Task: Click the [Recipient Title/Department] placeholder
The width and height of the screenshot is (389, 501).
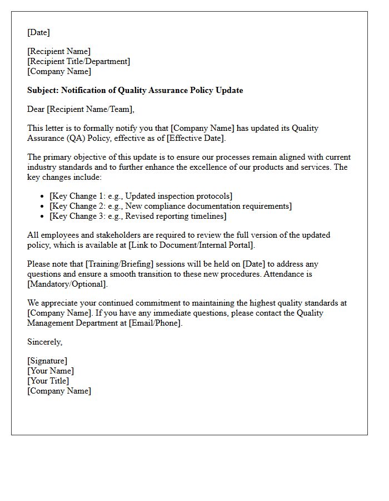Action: [78, 61]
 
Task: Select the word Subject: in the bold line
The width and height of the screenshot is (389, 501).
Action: [43, 90]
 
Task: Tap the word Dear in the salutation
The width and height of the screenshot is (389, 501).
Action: [36, 109]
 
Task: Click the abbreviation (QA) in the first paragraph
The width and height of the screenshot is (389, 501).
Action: [76, 138]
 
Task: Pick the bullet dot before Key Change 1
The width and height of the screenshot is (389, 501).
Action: [43, 197]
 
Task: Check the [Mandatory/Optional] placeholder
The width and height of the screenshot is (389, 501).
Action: [67, 284]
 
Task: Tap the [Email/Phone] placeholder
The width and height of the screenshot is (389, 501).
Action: [154, 323]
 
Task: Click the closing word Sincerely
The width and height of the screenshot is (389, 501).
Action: [44, 342]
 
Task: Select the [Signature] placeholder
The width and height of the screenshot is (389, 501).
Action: [47, 361]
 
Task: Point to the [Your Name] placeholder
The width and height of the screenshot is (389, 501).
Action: [51, 371]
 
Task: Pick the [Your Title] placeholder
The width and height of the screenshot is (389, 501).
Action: [48, 381]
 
